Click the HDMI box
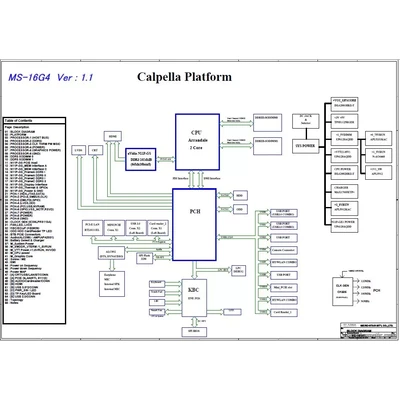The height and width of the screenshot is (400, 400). [113, 135]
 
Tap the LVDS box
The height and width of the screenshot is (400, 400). [80, 150]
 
